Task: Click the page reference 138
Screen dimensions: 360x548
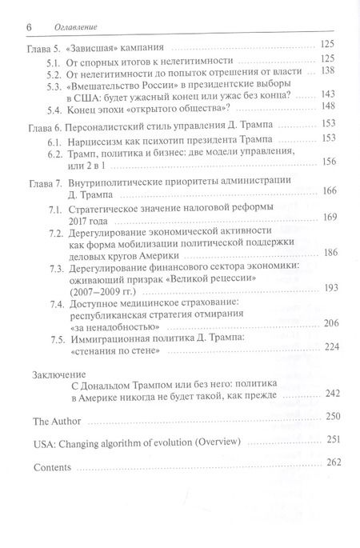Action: (326, 70)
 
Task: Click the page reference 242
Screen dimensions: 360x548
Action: (327, 393)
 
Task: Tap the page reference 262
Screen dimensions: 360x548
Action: (327, 462)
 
